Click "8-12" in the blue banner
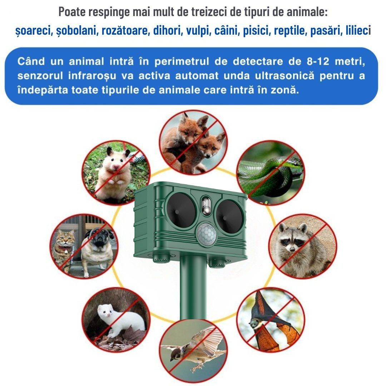click(318, 61)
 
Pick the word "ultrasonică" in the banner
click(284, 75)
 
